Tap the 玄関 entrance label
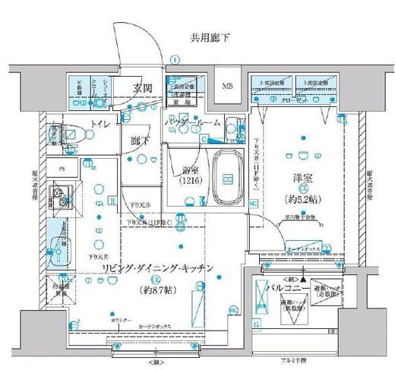(142, 87)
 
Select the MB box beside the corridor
(228, 86)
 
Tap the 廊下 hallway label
(139, 141)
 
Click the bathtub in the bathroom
(226, 178)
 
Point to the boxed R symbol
(111, 201)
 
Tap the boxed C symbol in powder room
(204, 138)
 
